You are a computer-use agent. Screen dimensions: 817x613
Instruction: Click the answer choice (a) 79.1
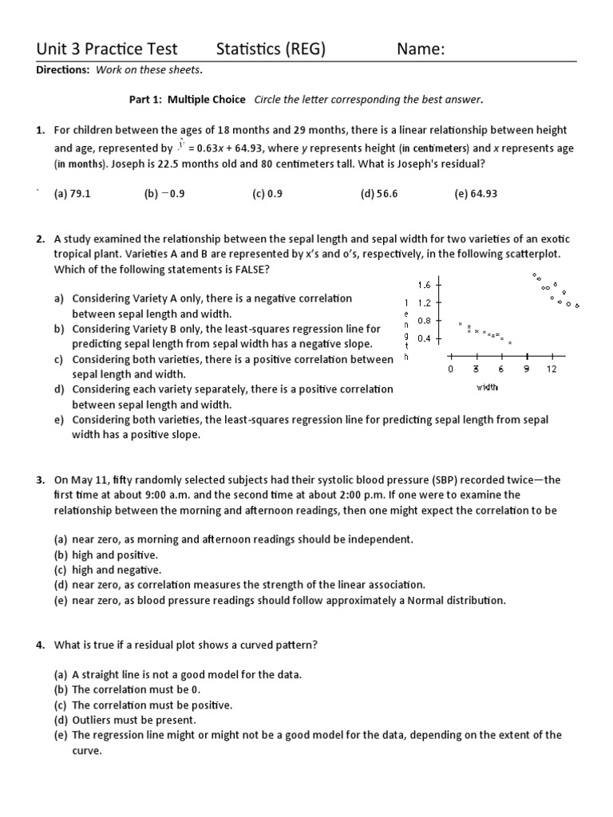click(x=72, y=194)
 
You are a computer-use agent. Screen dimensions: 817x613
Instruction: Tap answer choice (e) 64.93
click(x=476, y=194)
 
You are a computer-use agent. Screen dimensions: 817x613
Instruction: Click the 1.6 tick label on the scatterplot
click(x=424, y=285)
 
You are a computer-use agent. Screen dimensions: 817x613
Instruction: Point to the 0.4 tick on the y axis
click(x=424, y=338)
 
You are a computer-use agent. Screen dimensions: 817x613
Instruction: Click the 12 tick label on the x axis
click(x=552, y=369)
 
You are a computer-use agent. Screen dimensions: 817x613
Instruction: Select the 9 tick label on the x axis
click(x=526, y=369)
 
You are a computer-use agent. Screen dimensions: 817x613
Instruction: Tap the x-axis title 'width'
click(x=487, y=388)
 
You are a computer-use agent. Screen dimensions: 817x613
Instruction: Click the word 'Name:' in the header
click(x=421, y=49)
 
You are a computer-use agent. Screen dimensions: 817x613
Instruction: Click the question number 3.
click(x=40, y=480)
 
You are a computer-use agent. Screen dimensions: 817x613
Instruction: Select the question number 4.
click(x=40, y=645)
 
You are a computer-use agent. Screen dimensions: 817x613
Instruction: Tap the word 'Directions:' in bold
click(x=63, y=70)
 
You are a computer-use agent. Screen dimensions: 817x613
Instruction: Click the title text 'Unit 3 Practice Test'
click(x=107, y=49)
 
